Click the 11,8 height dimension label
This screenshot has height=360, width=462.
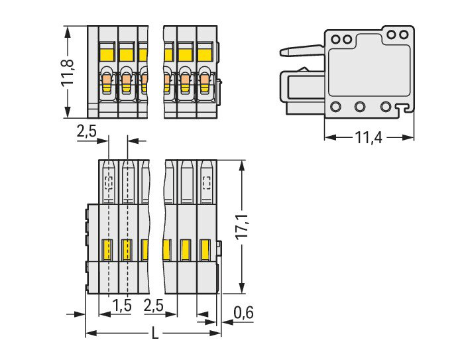(x=69, y=72)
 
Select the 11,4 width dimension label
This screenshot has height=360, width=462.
(x=369, y=137)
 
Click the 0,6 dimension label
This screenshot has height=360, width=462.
(x=244, y=312)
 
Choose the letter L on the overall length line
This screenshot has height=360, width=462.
(x=154, y=334)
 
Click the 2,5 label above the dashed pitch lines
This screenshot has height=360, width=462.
(x=86, y=131)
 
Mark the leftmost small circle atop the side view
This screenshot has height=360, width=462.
(x=335, y=39)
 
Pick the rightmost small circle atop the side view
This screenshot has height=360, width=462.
(x=403, y=34)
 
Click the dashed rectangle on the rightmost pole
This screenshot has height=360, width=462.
(x=207, y=182)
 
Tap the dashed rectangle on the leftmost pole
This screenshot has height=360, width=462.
(x=109, y=182)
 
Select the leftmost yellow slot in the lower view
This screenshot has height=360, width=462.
(x=106, y=249)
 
